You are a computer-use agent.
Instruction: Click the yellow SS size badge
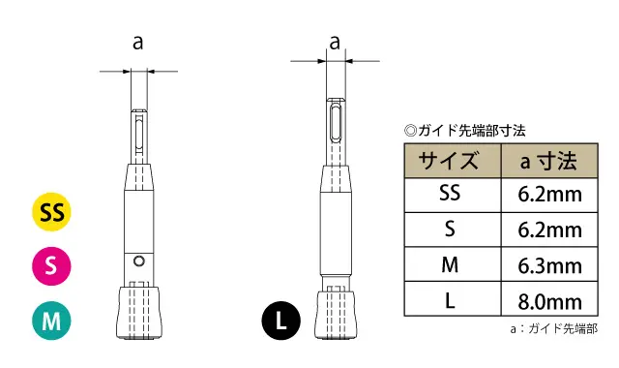[x=53, y=211]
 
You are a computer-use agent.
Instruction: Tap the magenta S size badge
[x=53, y=264]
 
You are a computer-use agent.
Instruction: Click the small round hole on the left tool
[x=140, y=261]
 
